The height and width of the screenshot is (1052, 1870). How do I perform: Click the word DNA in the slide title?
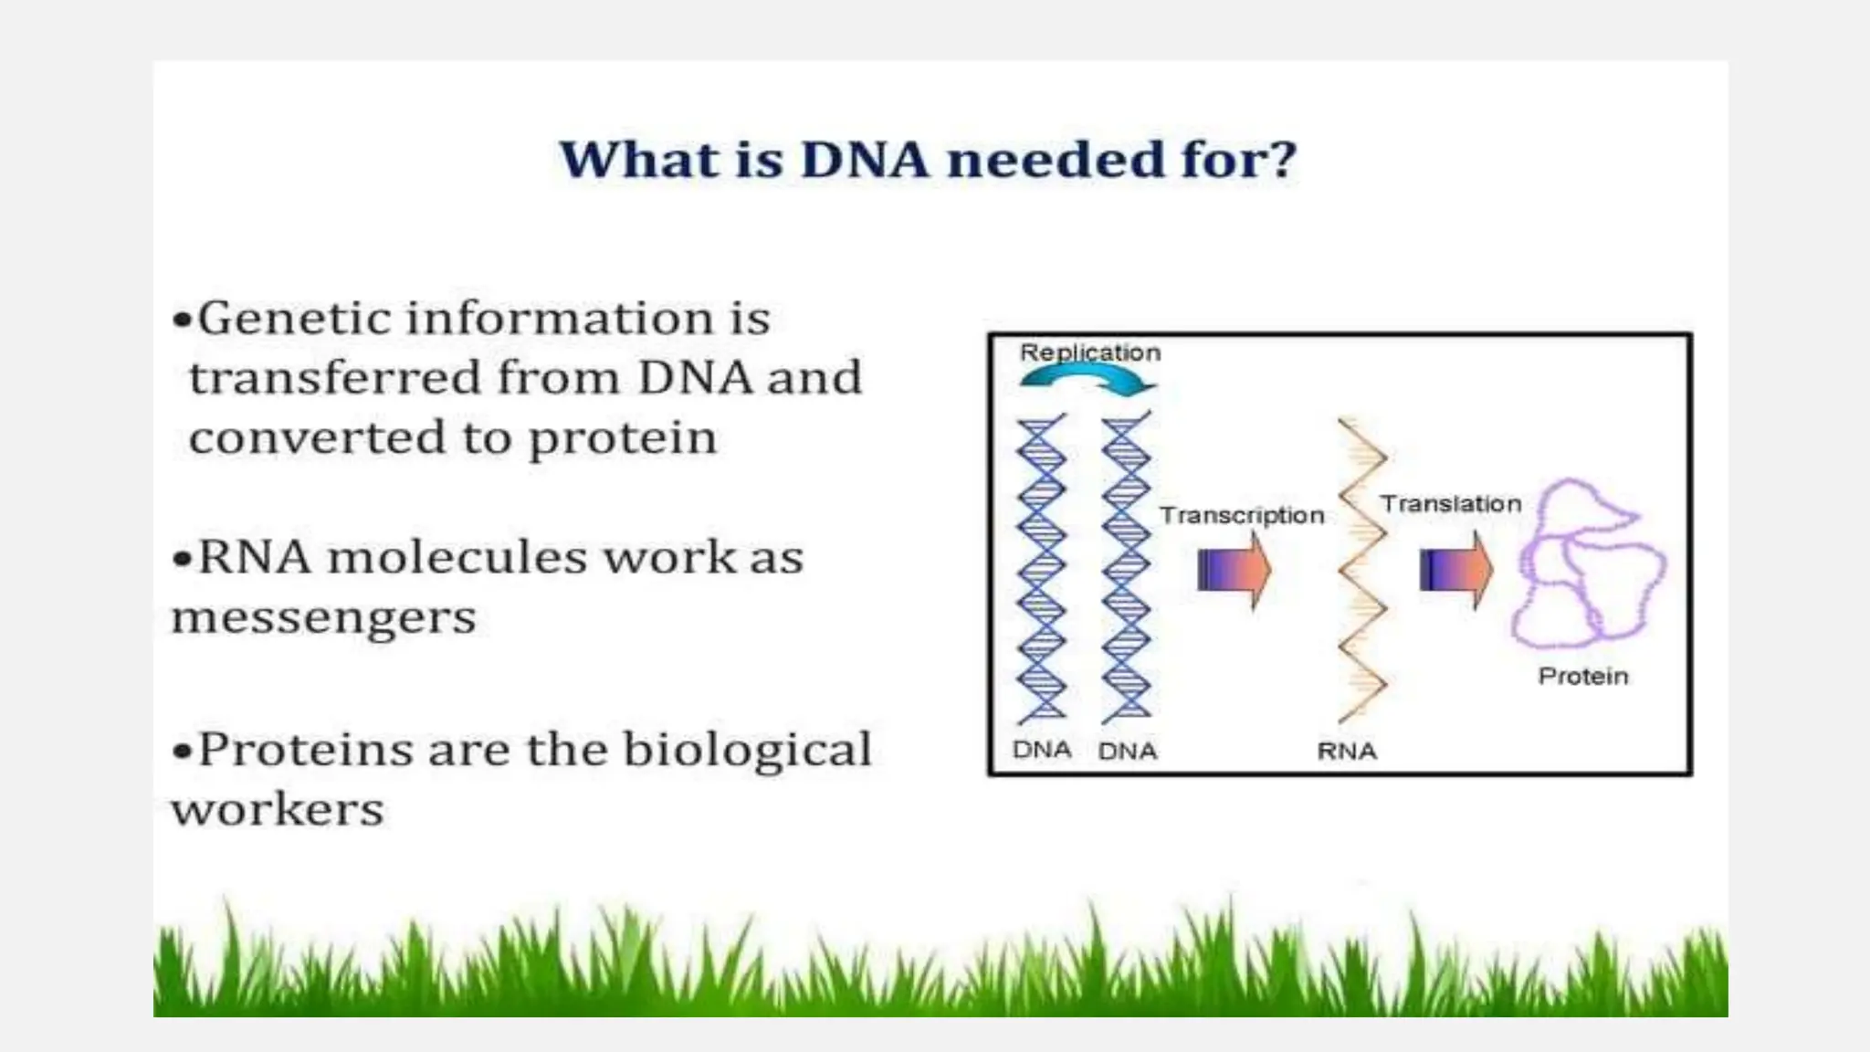(x=864, y=161)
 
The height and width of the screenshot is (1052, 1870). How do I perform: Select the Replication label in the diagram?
(x=1089, y=352)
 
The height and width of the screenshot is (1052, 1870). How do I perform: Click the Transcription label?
(x=1242, y=516)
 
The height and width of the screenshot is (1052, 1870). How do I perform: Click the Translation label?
(x=1450, y=504)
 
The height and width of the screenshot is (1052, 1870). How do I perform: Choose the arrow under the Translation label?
(x=1456, y=570)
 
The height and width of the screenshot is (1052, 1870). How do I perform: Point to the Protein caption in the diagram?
(x=1582, y=677)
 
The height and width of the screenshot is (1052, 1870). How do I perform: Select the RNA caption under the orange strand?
(x=1346, y=752)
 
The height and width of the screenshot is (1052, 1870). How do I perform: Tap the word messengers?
(x=323, y=619)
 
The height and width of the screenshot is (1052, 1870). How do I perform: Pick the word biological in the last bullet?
(x=746, y=751)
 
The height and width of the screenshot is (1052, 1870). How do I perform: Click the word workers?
(x=278, y=810)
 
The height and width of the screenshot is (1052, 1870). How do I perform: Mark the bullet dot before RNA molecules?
(x=184, y=559)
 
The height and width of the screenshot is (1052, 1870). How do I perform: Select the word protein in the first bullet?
(x=623, y=439)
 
